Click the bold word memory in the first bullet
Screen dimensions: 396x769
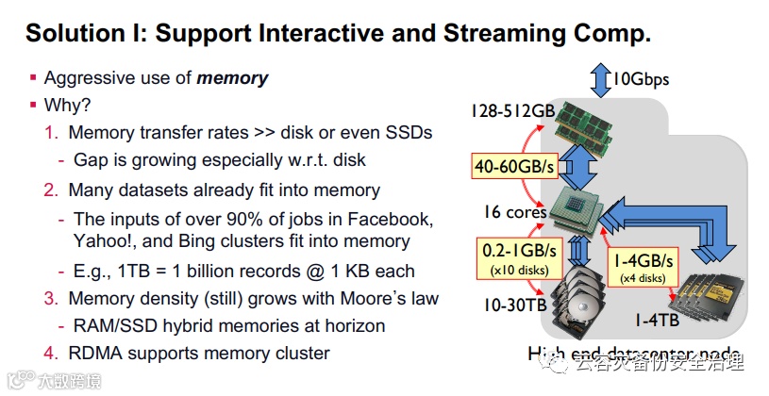click(232, 79)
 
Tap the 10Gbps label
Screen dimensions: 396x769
click(641, 78)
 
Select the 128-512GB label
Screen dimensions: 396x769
click(512, 110)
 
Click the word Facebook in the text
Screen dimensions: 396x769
click(393, 219)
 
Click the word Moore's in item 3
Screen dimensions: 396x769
click(348, 299)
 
